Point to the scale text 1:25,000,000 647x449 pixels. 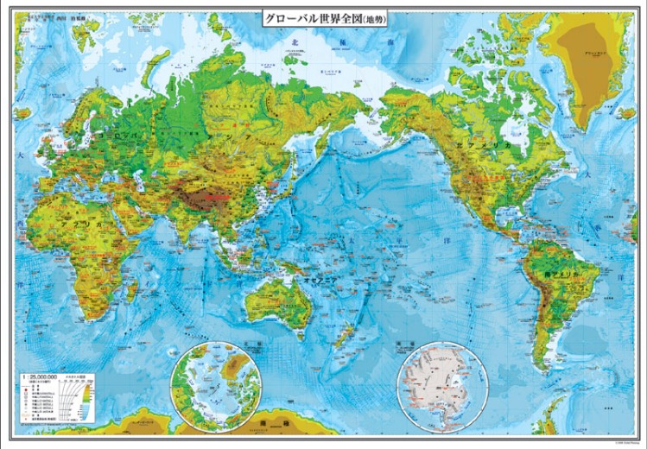pos(44,378)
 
